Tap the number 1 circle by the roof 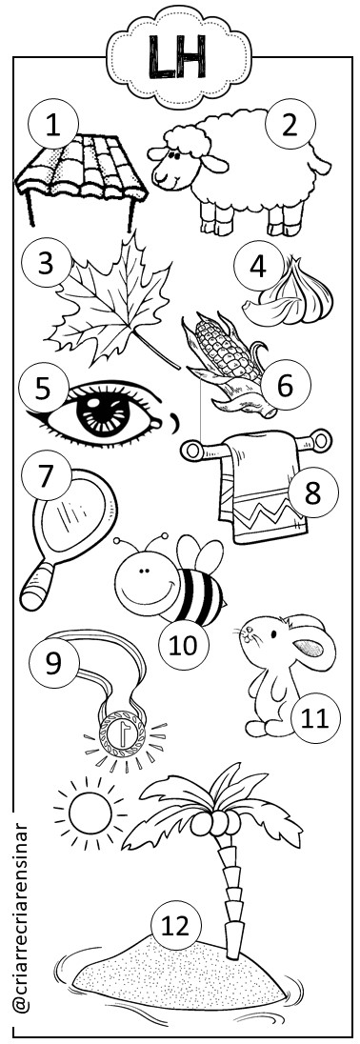coord(53,126)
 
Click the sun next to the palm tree coord(90,813)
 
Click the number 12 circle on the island coord(175,926)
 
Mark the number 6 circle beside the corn coord(286,385)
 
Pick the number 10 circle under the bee coord(184,644)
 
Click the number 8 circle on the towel coord(313,493)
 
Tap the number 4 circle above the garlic coord(259,266)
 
